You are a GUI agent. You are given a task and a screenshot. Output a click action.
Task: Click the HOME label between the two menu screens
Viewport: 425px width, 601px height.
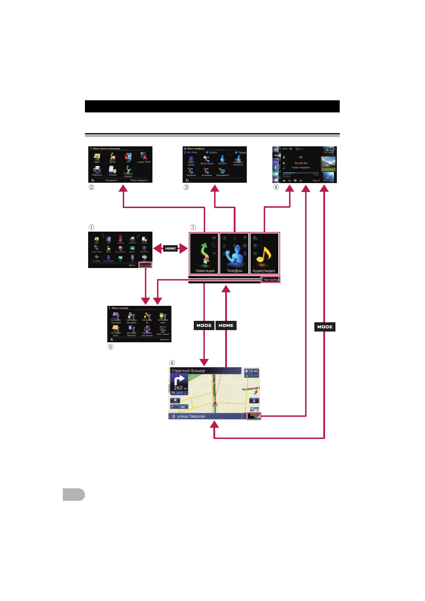(170, 248)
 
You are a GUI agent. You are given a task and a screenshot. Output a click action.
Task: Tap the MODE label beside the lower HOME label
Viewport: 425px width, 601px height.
(204, 325)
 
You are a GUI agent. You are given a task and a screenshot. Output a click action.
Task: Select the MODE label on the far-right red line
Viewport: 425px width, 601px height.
(325, 327)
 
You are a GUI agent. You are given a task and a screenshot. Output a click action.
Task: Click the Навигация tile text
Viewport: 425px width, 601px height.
(205, 271)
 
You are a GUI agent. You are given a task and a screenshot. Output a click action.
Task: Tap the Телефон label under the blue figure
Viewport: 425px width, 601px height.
(234, 271)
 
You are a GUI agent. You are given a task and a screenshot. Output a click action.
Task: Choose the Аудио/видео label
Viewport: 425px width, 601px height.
(264, 271)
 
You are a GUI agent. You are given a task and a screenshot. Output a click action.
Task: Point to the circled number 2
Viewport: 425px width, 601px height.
(92, 187)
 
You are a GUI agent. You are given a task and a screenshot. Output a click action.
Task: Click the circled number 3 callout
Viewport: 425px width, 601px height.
(186, 187)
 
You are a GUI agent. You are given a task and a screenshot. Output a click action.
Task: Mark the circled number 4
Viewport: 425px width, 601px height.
(276, 187)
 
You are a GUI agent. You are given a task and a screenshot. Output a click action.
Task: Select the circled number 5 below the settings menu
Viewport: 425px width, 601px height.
(111, 347)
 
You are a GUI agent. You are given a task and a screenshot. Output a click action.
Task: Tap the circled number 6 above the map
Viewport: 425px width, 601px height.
(172, 363)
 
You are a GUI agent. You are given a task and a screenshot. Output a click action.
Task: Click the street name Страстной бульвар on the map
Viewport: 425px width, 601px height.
(188, 371)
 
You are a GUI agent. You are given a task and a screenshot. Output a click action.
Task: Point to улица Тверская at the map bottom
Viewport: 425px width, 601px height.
(191, 416)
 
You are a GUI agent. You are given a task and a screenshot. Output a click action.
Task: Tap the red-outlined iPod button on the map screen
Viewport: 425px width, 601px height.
(254, 416)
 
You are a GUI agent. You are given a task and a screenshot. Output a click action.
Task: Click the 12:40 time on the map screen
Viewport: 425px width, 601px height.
(253, 371)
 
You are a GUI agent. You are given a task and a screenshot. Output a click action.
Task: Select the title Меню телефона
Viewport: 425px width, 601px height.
(196, 148)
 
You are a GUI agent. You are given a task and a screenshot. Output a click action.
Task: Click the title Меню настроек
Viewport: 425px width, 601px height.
(120, 308)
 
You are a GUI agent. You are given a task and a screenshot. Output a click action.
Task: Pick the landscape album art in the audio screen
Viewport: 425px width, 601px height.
(328, 164)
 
